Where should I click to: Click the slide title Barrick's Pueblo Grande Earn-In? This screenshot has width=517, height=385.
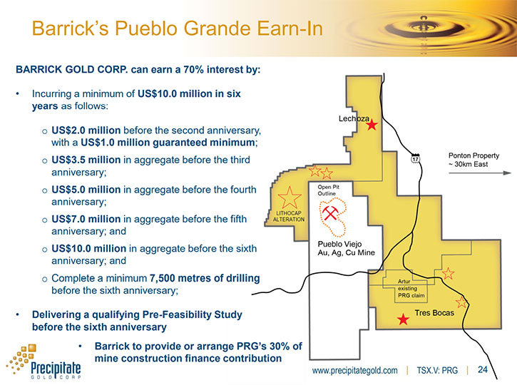tap(177, 29)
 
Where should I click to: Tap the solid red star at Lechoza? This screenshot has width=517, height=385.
tap(372, 125)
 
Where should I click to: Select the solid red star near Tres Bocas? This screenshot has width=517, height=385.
tap(403, 319)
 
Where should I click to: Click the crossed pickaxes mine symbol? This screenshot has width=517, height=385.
tap(329, 213)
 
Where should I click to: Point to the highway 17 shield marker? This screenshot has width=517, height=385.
tap(415, 158)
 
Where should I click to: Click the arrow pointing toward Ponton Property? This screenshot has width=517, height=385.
tap(480, 173)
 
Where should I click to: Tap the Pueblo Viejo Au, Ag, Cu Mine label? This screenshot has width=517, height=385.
tap(346, 248)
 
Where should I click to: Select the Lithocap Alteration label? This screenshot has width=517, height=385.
tap(289, 216)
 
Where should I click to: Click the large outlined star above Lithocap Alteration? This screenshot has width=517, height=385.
tap(290, 197)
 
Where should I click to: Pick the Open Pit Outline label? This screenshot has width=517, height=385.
tap(329, 190)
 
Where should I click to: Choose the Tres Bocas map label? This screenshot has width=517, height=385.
tap(434, 313)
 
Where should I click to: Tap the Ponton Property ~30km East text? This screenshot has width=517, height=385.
tap(474, 160)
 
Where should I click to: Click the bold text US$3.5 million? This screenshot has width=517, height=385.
tap(86, 160)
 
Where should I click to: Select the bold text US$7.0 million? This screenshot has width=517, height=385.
tap(86, 219)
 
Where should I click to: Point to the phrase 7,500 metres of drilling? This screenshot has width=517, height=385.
tap(205, 278)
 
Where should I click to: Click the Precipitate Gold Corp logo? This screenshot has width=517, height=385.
tap(43, 362)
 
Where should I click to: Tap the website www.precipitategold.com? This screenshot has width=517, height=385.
tap(355, 371)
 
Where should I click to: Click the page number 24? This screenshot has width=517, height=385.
tap(482, 369)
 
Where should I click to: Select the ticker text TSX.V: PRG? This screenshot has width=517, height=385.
tap(437, 371)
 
